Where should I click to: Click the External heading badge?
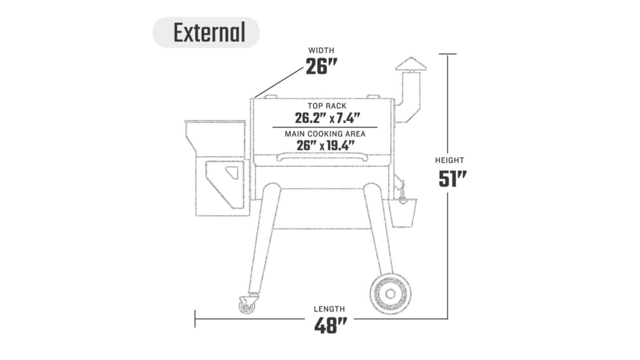(x=206, y=32)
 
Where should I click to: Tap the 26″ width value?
(x=321, y=67)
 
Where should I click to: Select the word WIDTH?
(x=321, y=50)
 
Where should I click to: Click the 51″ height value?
(x=452, y=179)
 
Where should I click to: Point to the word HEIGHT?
(x=450, y=160)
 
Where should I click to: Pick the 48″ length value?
(x=330, y=326)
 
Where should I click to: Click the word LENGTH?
(x=329, y=309)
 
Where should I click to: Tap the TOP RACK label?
(x=327, y=106)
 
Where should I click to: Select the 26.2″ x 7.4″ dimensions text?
(x=328, y=118)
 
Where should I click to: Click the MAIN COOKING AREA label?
(x=325, y=134)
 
